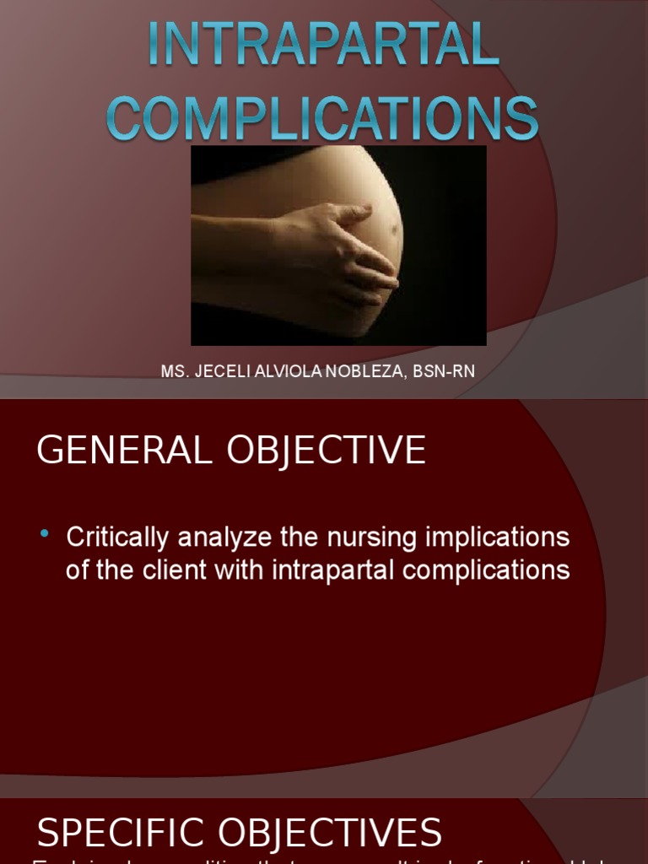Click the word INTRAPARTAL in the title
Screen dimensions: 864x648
323,46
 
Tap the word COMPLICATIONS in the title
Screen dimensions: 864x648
323,117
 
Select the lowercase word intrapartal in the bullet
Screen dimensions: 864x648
333,570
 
